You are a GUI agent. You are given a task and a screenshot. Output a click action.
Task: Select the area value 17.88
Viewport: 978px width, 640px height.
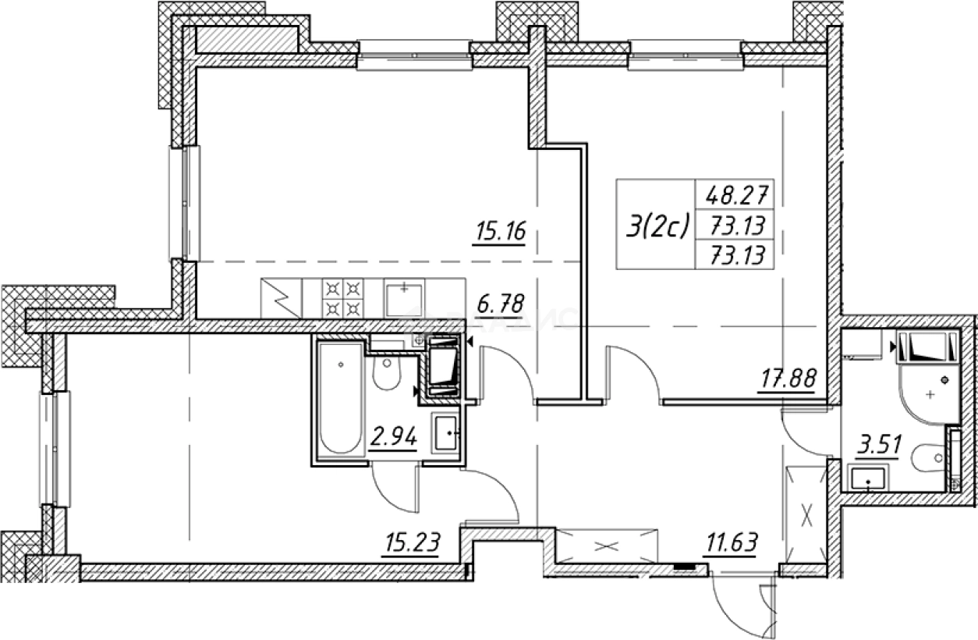[x=789, y=380]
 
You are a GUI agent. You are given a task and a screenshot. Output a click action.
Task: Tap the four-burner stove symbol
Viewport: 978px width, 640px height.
[x=344, y=297]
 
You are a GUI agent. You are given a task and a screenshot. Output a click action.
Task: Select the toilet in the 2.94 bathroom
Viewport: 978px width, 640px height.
[x=384, y=374]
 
